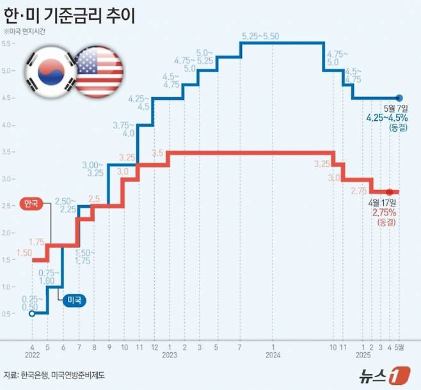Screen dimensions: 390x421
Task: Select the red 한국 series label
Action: pyautogui.click(x=30, y=204)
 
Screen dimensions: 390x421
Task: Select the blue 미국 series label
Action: pyautogui.click(x=75, y=299)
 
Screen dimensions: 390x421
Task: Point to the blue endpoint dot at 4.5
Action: pyautogui.click(x=399, y=98)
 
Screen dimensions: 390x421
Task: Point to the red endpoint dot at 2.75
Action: pyautogui.click(x=390, y=192)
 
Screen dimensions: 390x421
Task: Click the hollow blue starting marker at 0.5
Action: pyautogui.click(x=33, y=313)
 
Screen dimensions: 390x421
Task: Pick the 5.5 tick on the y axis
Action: pyautogui.click(x=8, y=43)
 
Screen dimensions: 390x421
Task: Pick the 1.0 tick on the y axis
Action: pyautogui.click(x=8, y=286)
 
